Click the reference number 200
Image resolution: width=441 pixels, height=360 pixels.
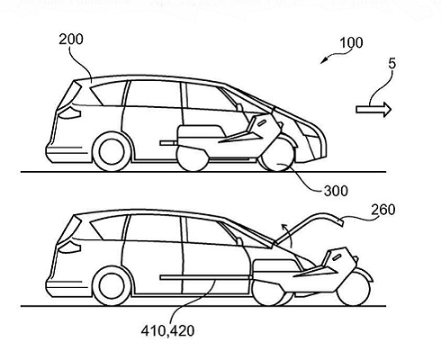(71, 40)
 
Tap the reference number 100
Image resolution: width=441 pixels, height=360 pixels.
(351, 43)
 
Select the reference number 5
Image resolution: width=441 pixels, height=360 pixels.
(392, 64)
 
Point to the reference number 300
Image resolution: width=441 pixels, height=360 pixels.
(336, 191)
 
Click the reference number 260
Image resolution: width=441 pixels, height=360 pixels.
(383, 210)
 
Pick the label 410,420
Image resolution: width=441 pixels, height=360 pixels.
(167, 330)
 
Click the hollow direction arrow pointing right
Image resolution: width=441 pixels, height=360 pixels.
(373, 110)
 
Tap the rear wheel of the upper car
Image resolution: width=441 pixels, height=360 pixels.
(112, 152)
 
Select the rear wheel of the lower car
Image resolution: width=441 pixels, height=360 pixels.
(112, 286)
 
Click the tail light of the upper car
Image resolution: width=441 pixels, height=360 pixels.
(69, 113)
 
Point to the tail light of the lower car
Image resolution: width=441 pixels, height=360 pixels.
(69, 247)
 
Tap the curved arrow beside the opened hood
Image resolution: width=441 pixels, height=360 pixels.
(287, 233)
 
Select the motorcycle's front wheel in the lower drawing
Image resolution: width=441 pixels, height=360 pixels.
(353, 289)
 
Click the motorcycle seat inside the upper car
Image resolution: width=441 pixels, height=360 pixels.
(201, 131)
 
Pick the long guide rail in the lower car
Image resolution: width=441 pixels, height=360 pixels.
(206, 277)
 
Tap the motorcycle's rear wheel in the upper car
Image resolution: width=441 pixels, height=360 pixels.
(193, 158)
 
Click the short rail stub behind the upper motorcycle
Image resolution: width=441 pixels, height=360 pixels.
(168, 143)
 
